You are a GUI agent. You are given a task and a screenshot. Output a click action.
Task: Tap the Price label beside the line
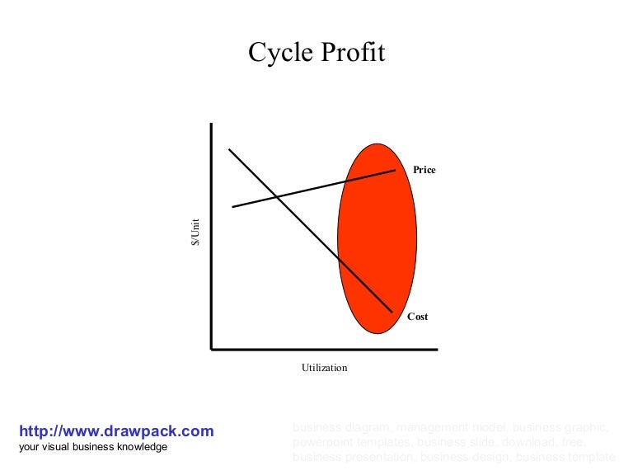pyautogui.click(x=424, y=170)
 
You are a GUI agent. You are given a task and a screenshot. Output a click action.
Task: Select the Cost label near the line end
pyautogui.click(x=418, y=317)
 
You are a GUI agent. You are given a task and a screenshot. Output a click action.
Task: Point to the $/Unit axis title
pyautogui.click(x=196, y=232)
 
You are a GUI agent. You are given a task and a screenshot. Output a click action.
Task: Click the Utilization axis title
pyautogui.click(x=324, y=368)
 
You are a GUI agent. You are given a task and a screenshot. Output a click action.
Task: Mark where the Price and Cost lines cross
pyautogui.click(x=277, y=197)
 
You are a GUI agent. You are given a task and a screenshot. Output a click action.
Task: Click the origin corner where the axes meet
pyautogui.click(x=212, y=350)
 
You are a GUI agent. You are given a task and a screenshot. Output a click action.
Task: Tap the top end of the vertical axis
pyautogui.click(x=212, y=124)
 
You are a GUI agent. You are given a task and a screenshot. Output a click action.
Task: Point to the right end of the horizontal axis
pyautogui.click(x=438, y=350)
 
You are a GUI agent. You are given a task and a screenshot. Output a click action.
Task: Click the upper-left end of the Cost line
pyautogui.click(x=229, y=149)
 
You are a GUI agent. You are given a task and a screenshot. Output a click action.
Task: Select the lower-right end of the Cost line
pyautogui.click(x=392, y=313)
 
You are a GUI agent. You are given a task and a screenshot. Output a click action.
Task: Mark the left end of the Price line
pyautogui.click(x=233, y=207)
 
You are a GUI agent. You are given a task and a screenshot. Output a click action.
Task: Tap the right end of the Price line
pyautogui.click(x=396, y=170)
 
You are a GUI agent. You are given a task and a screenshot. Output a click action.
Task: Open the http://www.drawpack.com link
pyautogui.click(x=116, y=430)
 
